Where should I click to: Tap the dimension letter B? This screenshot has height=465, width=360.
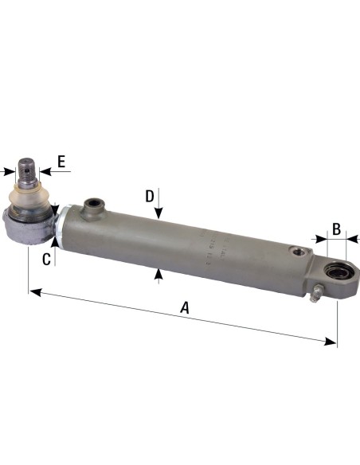pyautogui.click(x=336, y=229)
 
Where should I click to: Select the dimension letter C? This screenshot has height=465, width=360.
pyautogui.click(x=47, y=258)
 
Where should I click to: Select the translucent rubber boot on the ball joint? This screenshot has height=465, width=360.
pyautogui.click(x=29, y=199)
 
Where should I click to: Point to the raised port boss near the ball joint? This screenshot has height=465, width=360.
pyautogui.click(x=93, y=207)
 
